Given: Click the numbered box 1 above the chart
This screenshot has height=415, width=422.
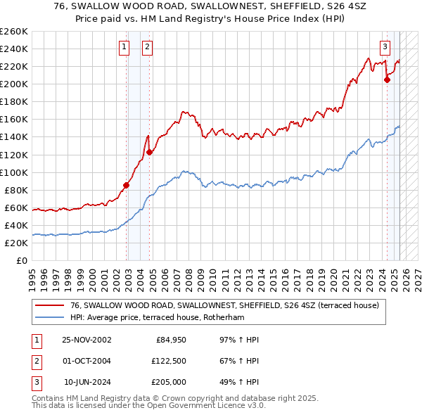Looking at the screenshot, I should pos(124,47).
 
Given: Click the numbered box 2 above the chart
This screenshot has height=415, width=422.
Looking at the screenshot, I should pos(147,47).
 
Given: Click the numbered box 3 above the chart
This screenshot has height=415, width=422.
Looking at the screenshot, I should pos(385,47).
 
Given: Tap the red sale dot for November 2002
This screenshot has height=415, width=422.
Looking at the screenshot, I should pos(127,185).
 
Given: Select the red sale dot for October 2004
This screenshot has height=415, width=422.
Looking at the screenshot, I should pos(150,152).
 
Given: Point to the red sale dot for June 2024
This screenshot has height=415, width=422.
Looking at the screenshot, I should pos(387,79).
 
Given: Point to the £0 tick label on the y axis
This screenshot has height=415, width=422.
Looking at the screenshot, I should pos(22,260).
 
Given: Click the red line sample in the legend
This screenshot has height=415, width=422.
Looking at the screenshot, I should pos(49,305).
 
